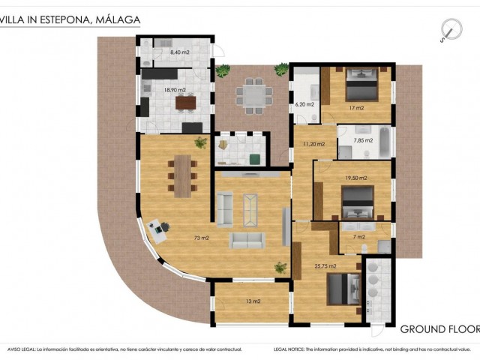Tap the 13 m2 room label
(x=252, y=301)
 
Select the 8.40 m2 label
(x=179, y=52)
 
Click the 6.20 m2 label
(x=304, y=106)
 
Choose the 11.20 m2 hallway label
(x=313, y=143)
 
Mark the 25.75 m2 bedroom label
(x=325, y=265)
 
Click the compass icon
(x=451, y=30)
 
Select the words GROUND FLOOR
(x=439, y=329)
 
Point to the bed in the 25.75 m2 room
(x=340, y=289)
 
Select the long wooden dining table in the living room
(x=182, y=175)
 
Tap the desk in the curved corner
(x=157, y=227)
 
